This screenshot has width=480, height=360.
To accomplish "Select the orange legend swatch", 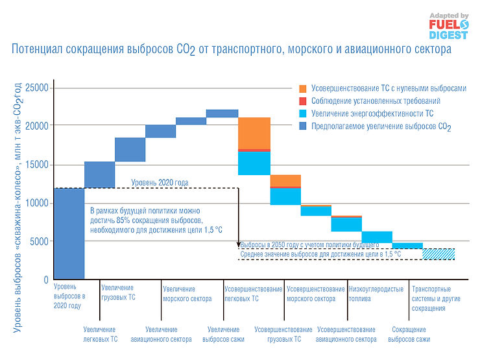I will point(303,88).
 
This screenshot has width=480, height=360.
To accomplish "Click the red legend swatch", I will point(303,101).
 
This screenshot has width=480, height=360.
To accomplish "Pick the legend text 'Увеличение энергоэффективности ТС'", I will point(372,114).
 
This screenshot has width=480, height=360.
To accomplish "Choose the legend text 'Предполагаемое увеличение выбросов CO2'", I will point(381,126).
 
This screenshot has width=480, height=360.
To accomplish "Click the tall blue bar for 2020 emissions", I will point(69,234).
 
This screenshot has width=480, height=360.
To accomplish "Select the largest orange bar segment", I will point(255,133).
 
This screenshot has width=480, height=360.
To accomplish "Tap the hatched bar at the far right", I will point(438,254).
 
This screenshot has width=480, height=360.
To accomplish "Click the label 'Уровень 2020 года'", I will point(160,183).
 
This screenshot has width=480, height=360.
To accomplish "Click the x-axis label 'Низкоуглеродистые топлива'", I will point(376,294).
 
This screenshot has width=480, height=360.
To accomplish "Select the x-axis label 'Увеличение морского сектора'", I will point(187,294).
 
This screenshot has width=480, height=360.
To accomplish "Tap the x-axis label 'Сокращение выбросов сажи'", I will point(409,334).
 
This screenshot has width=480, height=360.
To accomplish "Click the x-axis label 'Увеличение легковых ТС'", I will point(100,334).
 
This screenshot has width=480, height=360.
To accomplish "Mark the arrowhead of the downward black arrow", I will point(239,244).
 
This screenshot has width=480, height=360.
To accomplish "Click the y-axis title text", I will point(18,208).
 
